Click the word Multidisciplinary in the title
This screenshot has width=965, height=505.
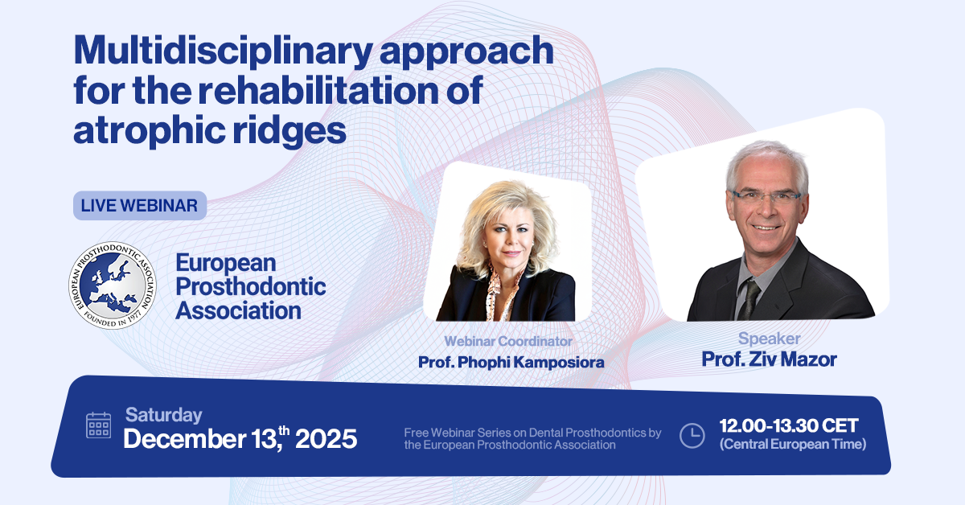coord(224,51)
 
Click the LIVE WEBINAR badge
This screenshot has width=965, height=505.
coord(140,206)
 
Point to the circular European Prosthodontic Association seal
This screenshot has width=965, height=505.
coord(113,285)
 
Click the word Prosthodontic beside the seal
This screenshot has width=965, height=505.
coord(250,286)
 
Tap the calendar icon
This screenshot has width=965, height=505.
coord(98,425)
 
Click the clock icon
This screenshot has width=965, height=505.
coord(692,436)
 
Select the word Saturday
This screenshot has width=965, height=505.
coord(164,415)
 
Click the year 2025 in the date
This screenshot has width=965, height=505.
coord(326,439)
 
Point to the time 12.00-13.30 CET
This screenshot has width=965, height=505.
coord(789,425)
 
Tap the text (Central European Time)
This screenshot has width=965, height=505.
coord(793,444)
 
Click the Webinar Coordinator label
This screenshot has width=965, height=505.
coord(508,341)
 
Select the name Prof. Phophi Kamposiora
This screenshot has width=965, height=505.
coord(511,363)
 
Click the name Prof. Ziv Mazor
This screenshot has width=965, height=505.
coord(769,359)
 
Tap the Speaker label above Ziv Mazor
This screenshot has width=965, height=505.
coord(769,339)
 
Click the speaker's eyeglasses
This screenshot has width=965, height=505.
coord(766,197)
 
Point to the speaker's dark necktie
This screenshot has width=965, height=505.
coord(750,298)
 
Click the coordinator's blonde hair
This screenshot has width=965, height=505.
coord(508,220)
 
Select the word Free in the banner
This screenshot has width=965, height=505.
coord(417,433)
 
